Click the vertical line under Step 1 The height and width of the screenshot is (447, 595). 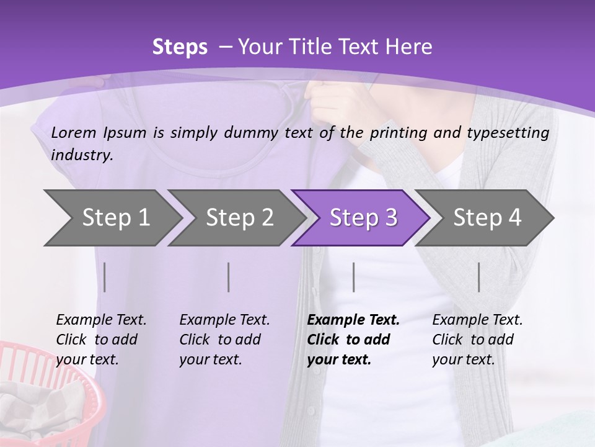(x=105, y=277)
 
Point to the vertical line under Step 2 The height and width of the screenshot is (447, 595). (x=229, y=277)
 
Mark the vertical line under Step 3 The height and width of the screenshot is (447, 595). (x=353, y=277)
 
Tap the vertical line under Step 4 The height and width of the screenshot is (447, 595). (x=478, y=277)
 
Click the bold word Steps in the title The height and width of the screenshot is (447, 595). (x=180, y=47)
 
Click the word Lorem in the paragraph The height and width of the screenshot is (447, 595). (x=74, y=132)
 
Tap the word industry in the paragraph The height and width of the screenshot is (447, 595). (x=81, y=155)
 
